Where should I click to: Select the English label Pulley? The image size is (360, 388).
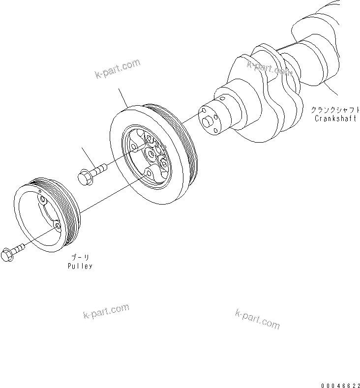tap(80, 266)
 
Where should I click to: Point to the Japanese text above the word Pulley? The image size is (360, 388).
tap(79, 257)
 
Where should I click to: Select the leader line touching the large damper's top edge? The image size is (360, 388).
tap(123, 98)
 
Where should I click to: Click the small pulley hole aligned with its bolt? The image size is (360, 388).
tap(58, 226)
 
